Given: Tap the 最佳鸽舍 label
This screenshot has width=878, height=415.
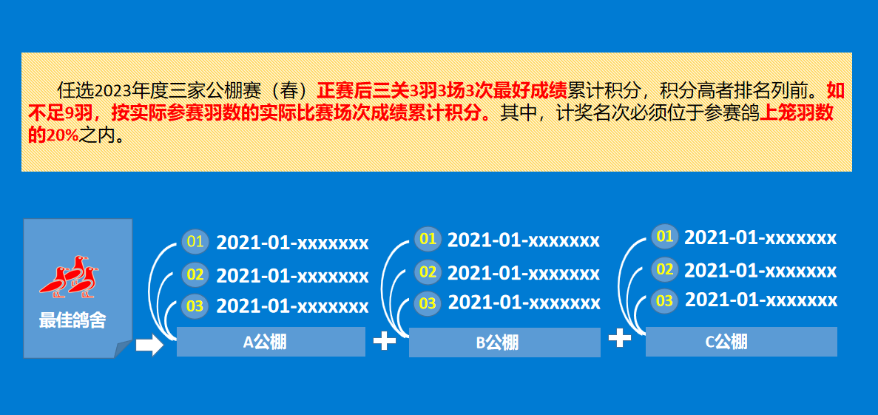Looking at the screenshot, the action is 72,321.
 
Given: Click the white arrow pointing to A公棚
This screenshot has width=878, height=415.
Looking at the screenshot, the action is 149,345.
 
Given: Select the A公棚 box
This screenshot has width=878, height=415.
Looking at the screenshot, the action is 271,342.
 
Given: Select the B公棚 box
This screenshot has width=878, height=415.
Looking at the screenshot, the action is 504,343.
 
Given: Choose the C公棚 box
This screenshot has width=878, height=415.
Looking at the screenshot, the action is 741,342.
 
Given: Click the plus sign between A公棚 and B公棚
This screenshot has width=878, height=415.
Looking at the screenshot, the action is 384,340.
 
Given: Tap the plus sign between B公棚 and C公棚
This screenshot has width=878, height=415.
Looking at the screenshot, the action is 620,338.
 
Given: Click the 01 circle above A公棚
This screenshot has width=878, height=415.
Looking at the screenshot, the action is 195,242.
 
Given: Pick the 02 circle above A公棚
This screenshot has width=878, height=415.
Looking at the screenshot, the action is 195,274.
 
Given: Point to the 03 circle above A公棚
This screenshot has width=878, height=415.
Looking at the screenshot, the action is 195,306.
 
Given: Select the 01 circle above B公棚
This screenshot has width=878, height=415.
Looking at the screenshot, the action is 428,239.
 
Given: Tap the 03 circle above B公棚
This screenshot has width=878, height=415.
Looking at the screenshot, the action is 428,303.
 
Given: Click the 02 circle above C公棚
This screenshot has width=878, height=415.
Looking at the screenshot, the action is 665,269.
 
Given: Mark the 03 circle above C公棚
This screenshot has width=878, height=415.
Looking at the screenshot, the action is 665,301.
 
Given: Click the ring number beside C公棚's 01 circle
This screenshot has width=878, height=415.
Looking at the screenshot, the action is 760,238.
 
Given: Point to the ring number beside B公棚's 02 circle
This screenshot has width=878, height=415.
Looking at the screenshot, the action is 524,273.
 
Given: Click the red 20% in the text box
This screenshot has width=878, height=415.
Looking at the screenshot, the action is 62,136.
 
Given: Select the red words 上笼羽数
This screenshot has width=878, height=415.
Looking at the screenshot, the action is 796,113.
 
